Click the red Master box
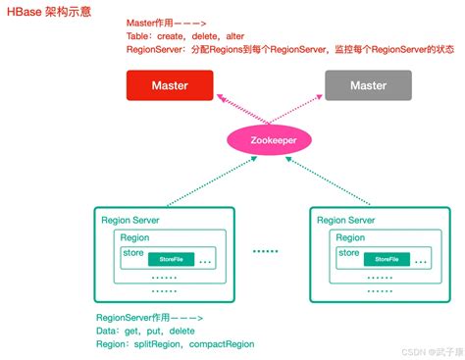[x=170, y=85]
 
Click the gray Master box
[x=368, y=85]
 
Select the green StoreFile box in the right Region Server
[x=387, y=259]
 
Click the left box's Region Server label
[x=130, y=220]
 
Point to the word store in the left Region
[x=132, y=253]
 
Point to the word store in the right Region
[x=348, y=253]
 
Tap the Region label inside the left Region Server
[x=135, y=237]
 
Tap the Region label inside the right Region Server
[x=351, y=237]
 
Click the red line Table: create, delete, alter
[x=185, y=35]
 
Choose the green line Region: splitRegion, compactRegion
[x=175, y=344]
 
